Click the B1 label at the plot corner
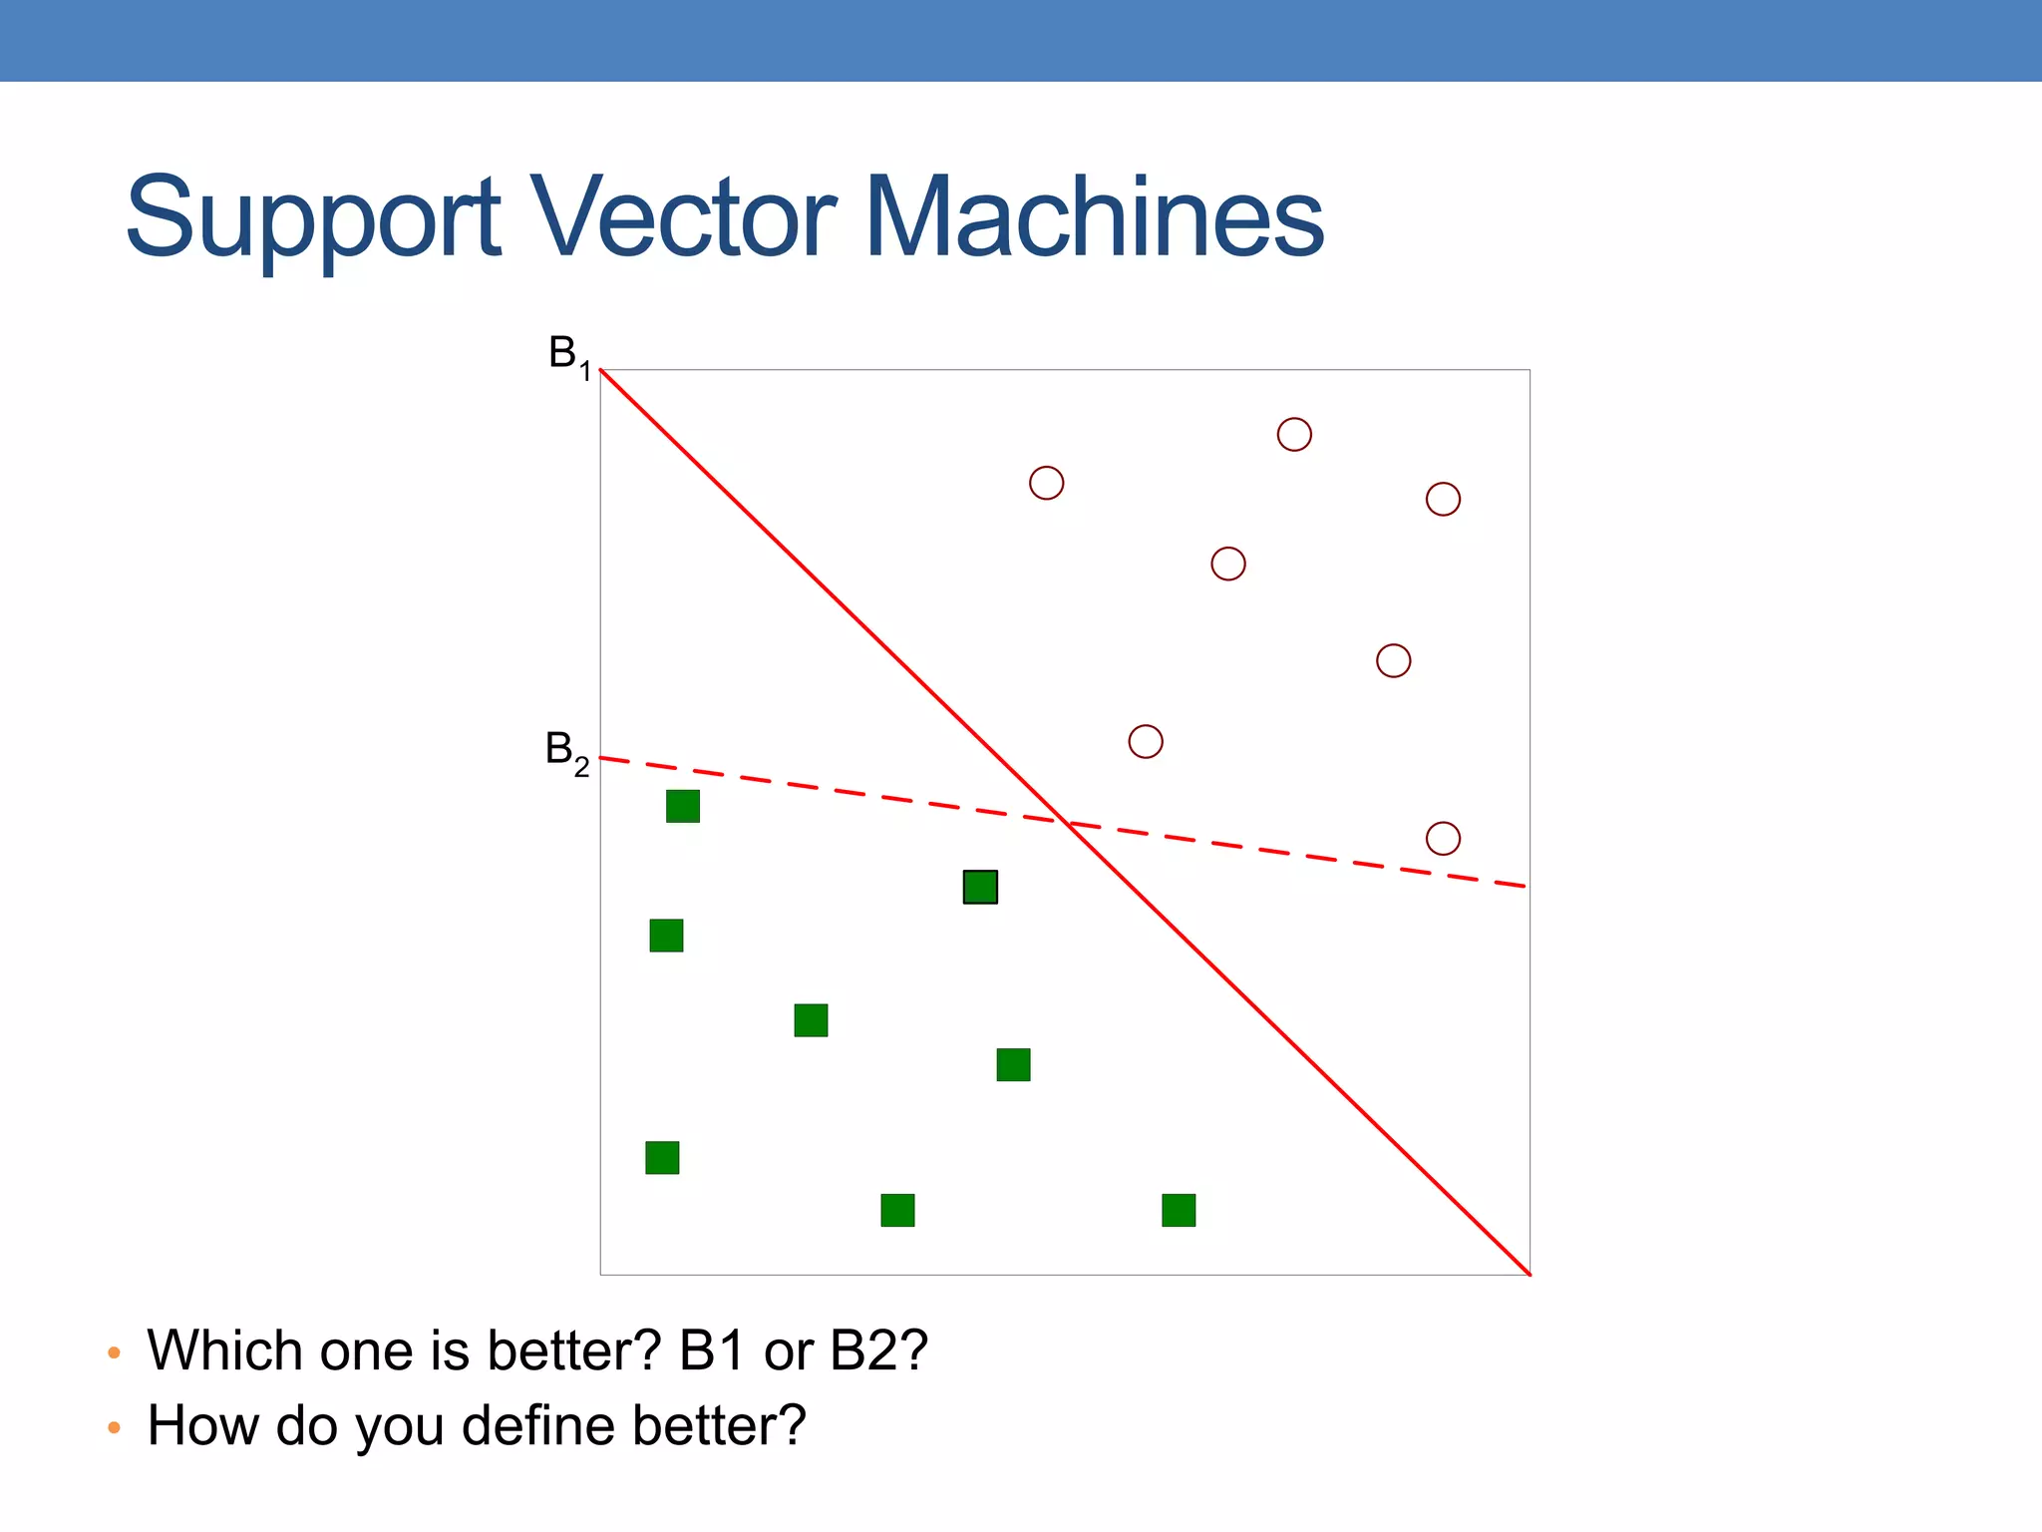point(569,356)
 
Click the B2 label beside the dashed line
point(566,751)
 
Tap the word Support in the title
point(313,218)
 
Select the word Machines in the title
point(1094,216)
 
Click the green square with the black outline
point(980,887)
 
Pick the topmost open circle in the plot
point(1294,435)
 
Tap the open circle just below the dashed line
point(1443,839)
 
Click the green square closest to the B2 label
point(683,806)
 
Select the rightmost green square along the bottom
point(1179,1210)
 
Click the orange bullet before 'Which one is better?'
point(114,1353)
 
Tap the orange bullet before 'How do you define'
point(114,1428)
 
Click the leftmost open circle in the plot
point(1046,483)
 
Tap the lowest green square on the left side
point(662,1158)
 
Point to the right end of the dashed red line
point(1523,886)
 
